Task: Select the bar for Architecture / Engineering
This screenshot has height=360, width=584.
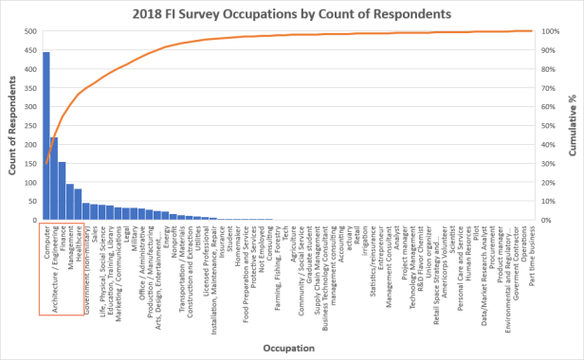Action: click(54, 179)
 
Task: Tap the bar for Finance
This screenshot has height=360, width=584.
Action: click(62, 190)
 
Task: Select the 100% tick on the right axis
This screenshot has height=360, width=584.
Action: click(552, 31)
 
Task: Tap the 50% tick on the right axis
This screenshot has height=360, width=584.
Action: click(550, 126)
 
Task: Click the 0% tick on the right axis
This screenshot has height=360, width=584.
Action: click(548, 221)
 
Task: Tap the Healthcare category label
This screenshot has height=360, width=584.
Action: click(78, 247)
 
